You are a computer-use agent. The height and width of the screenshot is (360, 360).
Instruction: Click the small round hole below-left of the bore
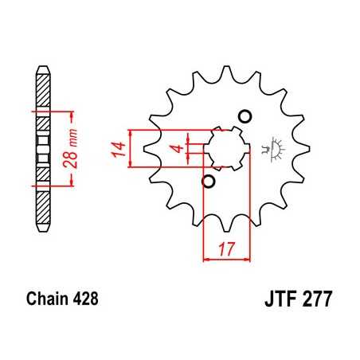[209, 182]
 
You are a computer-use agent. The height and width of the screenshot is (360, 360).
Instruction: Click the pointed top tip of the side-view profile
[43, 67]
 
